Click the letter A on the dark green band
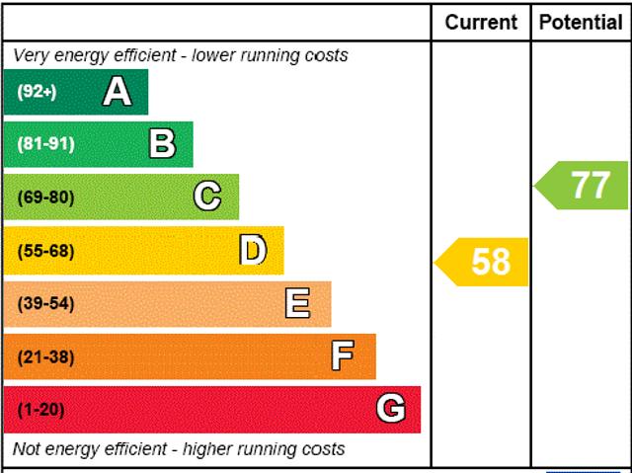click(117, 92)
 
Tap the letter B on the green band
click(162, 144)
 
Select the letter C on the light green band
click(207, 197)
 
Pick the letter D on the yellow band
click(253, 251)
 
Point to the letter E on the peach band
click(297, 303)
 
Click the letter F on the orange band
click(343, 356)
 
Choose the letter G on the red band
click(390, 409)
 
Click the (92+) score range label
click(38, 92)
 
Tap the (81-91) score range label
click(45, 144)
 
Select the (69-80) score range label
click(45, 197)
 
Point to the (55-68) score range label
click(45, 251)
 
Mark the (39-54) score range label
click(45, 304)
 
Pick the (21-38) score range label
click(45, 357)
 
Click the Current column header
click(481, 22)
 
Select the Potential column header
click(581, 22)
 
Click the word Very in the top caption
click(31, 55)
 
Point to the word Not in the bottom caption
click(28, 449)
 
